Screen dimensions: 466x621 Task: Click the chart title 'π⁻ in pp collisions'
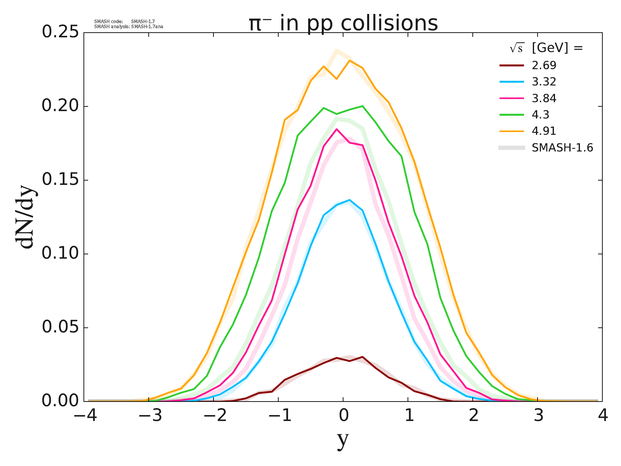click(343, 23)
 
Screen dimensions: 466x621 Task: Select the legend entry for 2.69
click(544, 65)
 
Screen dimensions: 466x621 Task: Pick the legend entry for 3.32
click(544, 82)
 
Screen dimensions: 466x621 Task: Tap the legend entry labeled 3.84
click(544, 99)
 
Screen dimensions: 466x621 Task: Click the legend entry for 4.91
click(544, 131)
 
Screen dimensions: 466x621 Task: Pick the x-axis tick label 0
click(343, 416)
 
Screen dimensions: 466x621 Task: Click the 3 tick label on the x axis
click(538, 416)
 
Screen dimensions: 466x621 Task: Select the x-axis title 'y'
click(343, 440)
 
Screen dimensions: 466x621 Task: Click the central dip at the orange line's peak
click(337, 79)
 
